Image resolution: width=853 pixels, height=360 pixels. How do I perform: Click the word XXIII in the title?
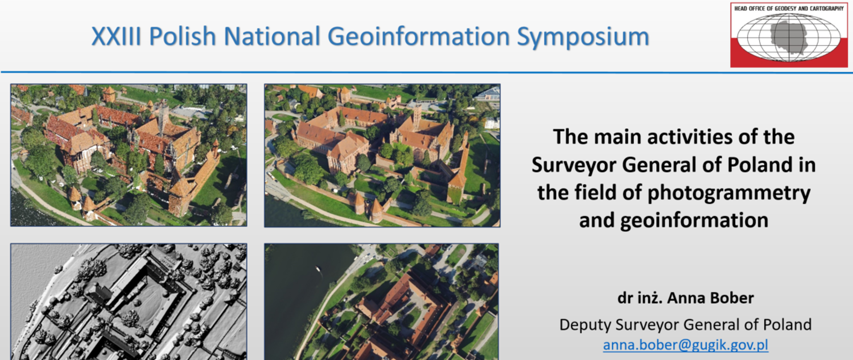116,36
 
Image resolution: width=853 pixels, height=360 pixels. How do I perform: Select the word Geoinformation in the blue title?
419,36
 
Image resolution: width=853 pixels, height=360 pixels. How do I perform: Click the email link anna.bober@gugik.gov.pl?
686,345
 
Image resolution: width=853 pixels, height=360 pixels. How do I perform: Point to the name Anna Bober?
710,298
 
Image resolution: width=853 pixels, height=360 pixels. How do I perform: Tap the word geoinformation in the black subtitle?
694,220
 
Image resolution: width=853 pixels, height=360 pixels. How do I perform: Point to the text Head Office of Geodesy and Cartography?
789,8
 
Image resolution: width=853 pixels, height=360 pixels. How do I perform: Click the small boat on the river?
318,268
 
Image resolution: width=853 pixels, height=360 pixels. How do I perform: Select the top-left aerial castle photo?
129,155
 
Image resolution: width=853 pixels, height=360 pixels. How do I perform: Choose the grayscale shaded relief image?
129,302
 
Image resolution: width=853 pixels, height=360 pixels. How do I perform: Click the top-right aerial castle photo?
382,156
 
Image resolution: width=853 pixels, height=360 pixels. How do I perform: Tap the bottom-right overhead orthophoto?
382,302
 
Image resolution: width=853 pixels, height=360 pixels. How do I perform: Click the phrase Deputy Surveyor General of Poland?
685,325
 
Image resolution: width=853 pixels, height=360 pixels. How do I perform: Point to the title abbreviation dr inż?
640,298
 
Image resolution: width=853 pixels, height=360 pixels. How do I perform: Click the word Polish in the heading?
182,36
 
